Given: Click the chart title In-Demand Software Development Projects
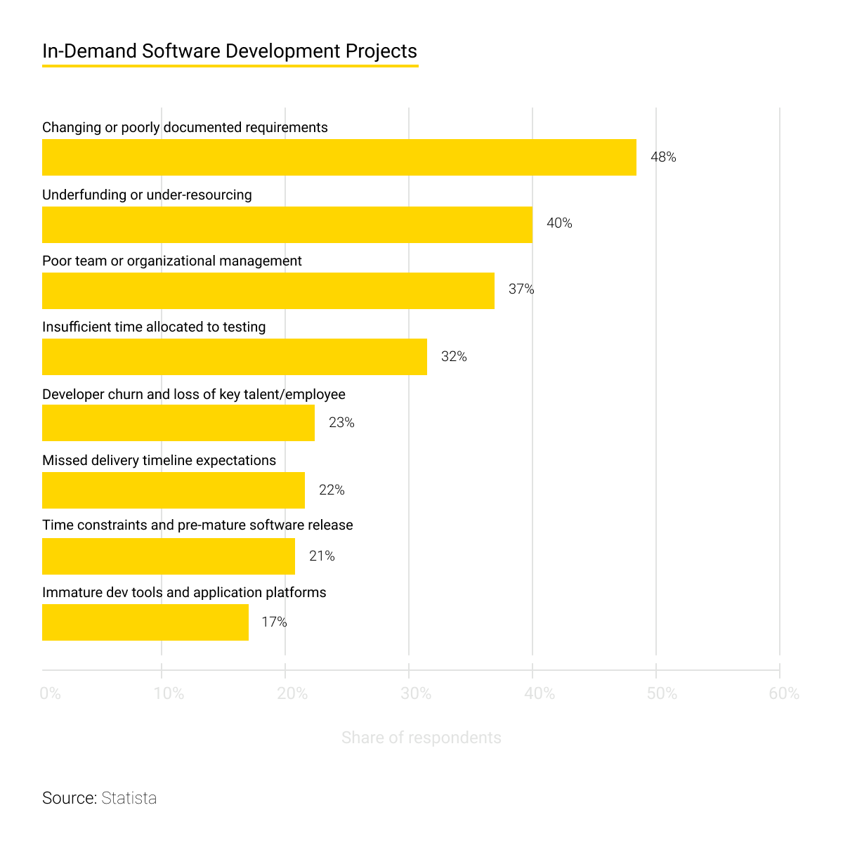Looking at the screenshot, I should (229, 51).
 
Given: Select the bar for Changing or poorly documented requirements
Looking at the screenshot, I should (339, 157).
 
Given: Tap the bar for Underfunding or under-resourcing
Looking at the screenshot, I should (287, 224).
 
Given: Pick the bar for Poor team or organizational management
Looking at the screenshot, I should (268, 290).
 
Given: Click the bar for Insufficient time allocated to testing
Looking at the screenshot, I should (234, 356).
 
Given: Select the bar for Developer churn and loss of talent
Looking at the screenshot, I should (178, 423).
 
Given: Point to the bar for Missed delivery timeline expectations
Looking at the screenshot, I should (173, 490).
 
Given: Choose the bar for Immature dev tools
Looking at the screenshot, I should (145, 622).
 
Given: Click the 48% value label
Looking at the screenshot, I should (662, 157).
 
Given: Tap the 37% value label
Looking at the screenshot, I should (521, 289).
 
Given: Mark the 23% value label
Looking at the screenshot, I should (341, 423).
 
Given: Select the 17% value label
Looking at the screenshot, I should (274, 622).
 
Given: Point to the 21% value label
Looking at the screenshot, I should (322, 556).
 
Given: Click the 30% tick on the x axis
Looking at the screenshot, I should (415, 694).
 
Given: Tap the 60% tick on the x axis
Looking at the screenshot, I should (784, 694).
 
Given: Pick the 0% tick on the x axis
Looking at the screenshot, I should (51, 694).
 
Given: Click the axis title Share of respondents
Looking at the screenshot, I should (421, 738).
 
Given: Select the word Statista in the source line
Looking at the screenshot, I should (129, 798).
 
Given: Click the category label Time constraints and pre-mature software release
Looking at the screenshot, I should (197, 525).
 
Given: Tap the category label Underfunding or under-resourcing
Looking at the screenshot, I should (147, 195).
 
